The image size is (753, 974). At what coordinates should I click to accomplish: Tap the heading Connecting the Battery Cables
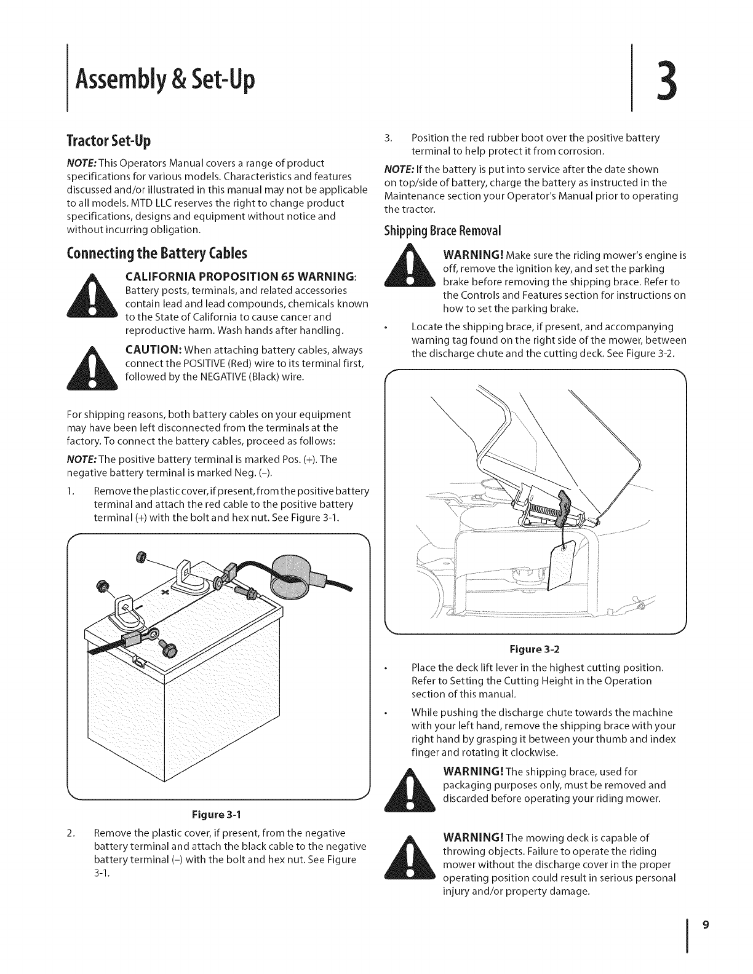coord(156,253)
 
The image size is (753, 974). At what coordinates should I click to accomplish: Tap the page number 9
coord(706,924)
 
